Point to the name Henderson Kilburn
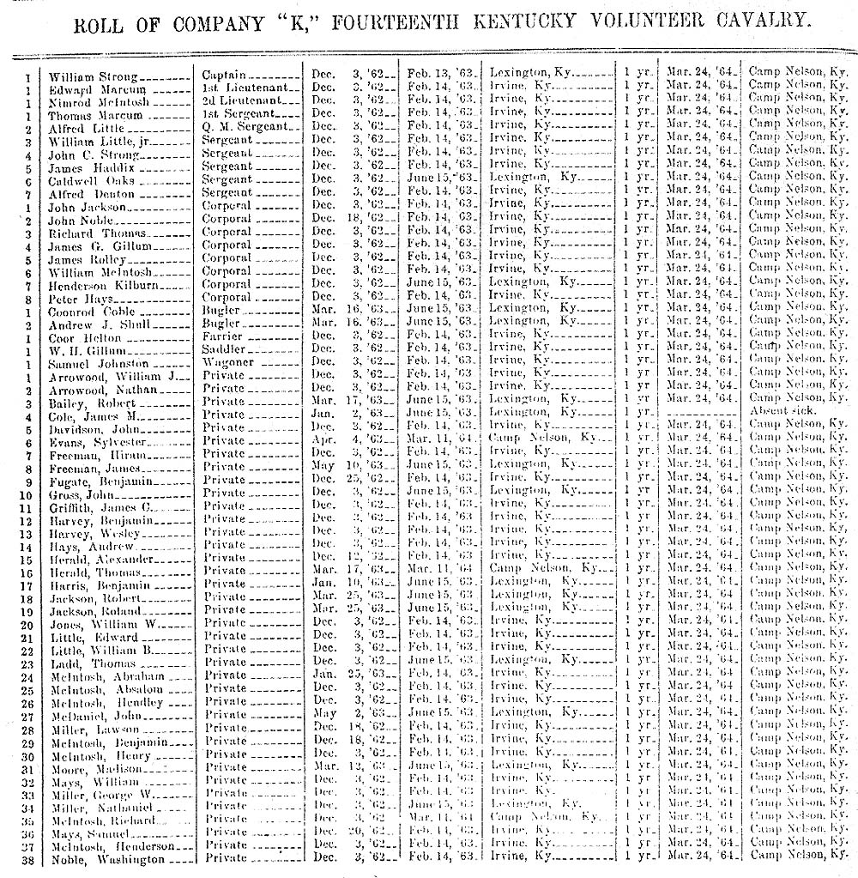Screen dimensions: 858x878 tap(99, 284)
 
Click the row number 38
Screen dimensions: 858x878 tap(28, 859)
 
